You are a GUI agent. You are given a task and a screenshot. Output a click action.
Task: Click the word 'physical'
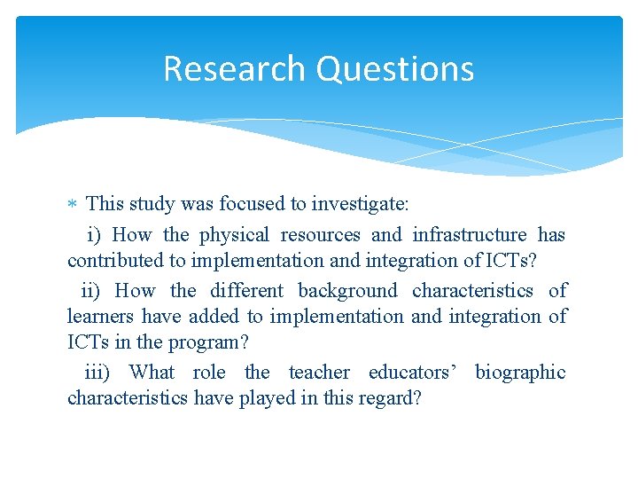pyautogui.click(x=234, y=235)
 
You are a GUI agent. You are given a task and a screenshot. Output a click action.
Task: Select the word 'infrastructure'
pyautogui.click(x=470, y=235)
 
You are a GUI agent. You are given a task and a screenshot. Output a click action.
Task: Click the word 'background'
pyautogui.click(x=347, y=291)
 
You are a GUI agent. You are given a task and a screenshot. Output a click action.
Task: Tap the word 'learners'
pyautogui.click(x=101, y=317)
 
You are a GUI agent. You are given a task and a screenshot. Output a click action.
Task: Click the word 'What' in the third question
pyautogui.click(x=152, y=373)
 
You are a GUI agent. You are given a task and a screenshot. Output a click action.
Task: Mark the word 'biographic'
pyautogui.click(x=520, y=373)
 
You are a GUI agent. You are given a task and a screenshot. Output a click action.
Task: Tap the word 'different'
pyautogui.click(x=247, y=291)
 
